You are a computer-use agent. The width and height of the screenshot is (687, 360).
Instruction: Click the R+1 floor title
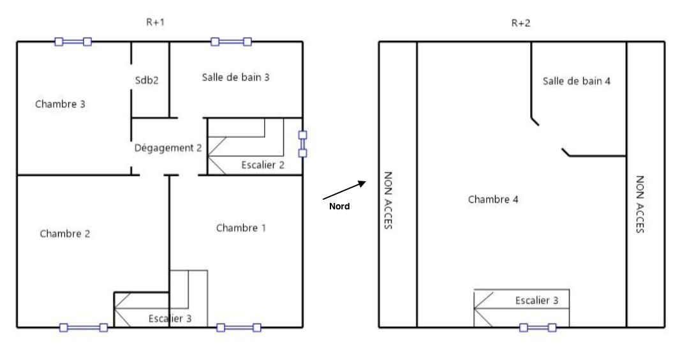tap(155, 22)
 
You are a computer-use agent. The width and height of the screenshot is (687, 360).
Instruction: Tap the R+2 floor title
tap(521, 23)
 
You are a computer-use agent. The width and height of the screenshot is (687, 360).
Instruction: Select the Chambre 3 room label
tap(60, 104)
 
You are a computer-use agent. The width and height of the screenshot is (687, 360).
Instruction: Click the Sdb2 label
tap(146, 80)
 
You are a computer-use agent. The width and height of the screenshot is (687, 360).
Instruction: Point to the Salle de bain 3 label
tap(236, 77)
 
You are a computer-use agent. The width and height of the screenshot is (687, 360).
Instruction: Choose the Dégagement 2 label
tap(168, 148)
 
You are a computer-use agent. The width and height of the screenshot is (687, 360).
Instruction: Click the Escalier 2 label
tap(263, 165)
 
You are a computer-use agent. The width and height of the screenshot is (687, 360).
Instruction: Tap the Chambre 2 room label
tap(65, 234)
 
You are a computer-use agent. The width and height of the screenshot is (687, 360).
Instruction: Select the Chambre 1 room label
tap(241, 228)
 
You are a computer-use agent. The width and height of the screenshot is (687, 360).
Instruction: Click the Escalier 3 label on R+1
tap(170, 319)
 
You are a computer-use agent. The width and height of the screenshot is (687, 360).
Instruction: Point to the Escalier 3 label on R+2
tap(536, 301)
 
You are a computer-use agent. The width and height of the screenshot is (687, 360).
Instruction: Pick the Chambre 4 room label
tap(493, 200)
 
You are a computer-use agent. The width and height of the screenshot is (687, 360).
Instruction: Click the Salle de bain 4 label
tap(577, 81)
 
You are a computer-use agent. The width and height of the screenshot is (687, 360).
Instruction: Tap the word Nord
tap(339, 206)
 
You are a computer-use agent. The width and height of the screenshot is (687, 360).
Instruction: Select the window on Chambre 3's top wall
tap(73, 41)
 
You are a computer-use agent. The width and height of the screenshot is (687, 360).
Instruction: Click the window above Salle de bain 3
tap(232, 41)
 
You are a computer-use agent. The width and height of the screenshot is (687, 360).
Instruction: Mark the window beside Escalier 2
tap(302, 144)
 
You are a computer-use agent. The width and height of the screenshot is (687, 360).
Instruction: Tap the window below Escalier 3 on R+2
tap(538, 327)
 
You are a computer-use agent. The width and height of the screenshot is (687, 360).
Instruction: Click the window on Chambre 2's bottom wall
tap(84, 327)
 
